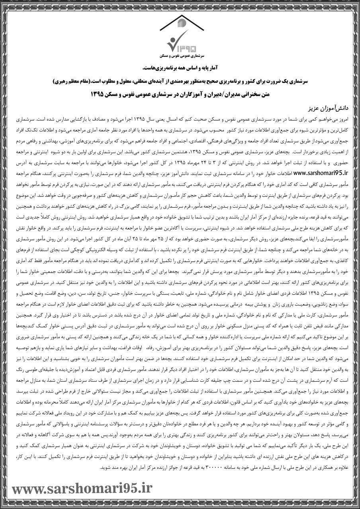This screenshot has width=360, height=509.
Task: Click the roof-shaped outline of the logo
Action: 180,19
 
